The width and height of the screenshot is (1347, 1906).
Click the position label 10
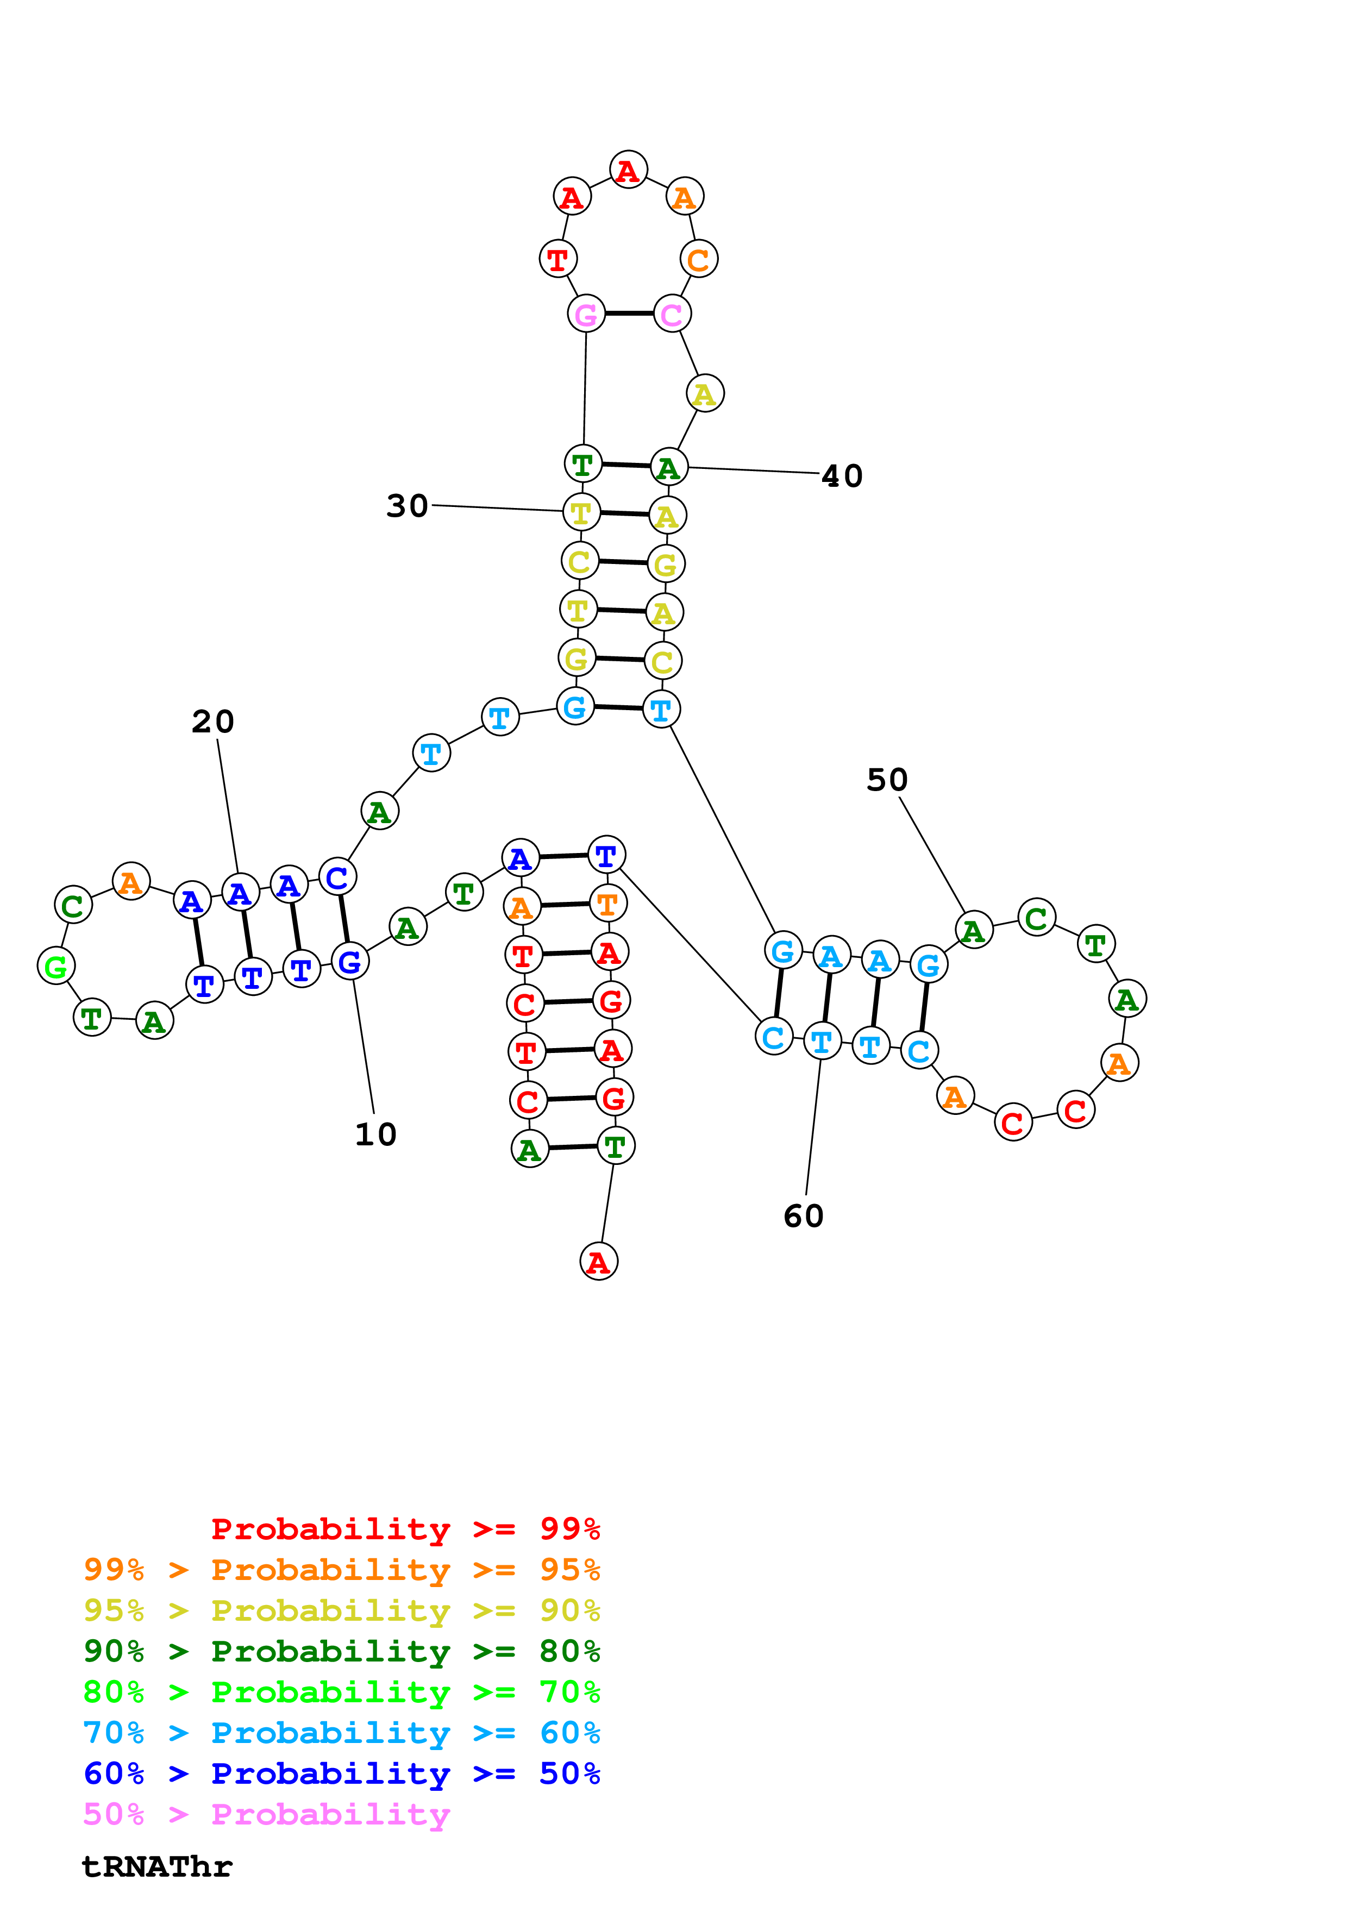click(x=375, y=1134)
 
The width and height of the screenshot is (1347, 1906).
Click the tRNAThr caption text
click(x=157, y=1866)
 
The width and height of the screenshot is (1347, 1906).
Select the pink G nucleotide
click(x=586, y=315)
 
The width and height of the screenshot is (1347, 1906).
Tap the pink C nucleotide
click(x=672, y=315)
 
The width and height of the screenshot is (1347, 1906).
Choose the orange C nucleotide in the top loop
click(x=699, y=259)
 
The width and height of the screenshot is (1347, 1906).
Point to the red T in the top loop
click(x=557, y=259)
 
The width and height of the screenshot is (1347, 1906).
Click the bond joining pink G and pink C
click(x=628, y=314)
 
